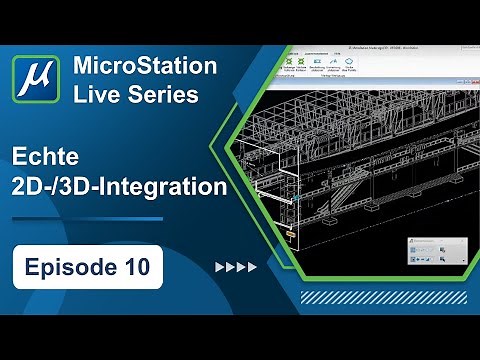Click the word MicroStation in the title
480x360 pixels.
(x=145, y=67)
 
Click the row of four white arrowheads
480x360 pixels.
(x=237, y=267)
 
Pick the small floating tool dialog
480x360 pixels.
(x=437, y=250)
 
